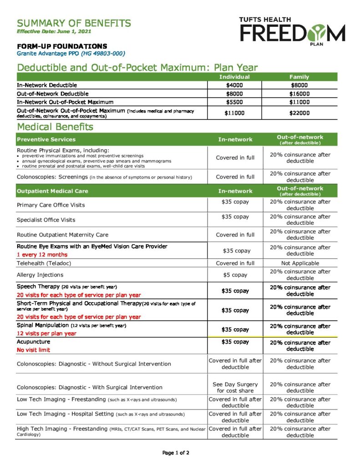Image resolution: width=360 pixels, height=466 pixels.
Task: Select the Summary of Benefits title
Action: coord(74,23)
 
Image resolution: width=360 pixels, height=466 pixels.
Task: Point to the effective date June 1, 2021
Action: coord(54,31)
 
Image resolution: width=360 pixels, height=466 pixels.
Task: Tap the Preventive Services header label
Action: coord(46,139)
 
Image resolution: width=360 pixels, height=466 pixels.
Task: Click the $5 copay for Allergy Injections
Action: coord(235,275)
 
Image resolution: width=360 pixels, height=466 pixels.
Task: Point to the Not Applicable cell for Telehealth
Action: coord(300,263)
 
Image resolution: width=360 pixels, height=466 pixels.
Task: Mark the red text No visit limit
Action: coord(33,350)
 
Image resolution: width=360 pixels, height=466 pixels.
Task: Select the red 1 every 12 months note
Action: coord(42,254)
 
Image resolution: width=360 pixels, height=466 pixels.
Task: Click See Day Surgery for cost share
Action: coord(235,387)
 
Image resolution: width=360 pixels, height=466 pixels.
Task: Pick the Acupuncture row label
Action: coord(33,342)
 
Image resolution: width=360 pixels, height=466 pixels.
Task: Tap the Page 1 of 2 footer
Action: coord(176,453)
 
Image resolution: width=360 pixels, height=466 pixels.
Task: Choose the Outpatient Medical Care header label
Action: coord(52,191)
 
